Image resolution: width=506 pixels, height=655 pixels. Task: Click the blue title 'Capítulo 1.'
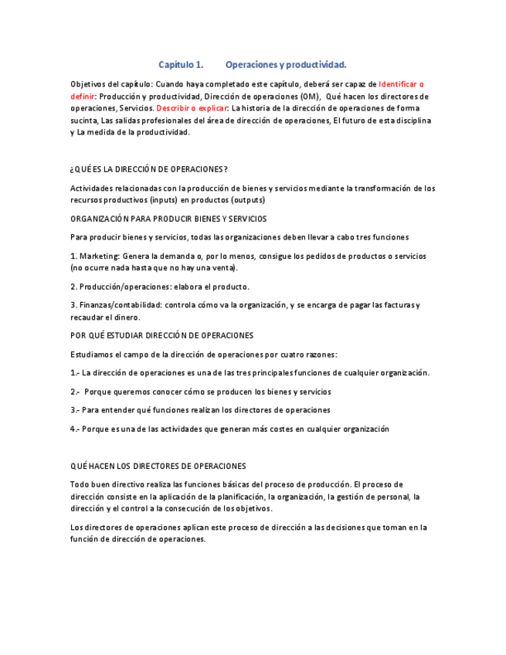pos(181,64)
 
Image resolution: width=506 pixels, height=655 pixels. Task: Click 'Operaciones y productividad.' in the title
pos(286,64)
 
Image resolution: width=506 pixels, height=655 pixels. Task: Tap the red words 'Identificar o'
pos(401,84)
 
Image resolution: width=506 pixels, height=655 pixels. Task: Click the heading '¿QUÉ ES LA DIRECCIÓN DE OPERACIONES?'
pos(148,169)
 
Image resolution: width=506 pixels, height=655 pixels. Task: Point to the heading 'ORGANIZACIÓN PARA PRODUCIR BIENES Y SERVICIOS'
pos(168,219)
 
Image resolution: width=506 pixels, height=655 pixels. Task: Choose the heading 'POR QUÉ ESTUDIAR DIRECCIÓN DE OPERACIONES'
pos(161,336)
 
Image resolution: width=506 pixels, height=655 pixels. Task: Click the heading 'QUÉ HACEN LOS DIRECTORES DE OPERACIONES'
pos(158,467)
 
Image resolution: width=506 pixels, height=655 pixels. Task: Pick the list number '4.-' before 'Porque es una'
pos(75,429)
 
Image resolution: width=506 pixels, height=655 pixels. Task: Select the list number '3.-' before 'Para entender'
pos(75,410)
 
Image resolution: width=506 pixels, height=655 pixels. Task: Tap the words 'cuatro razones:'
pos(310,355)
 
